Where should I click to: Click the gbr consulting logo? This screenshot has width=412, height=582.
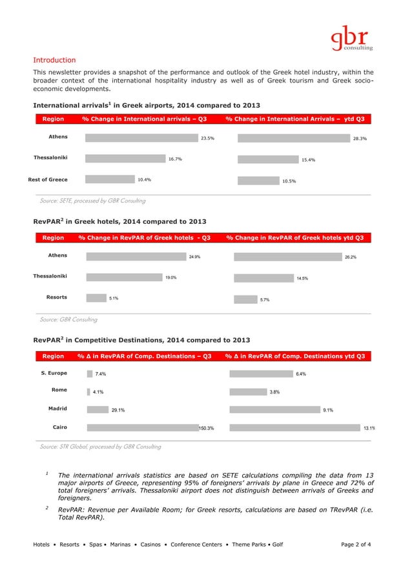coord(351,37)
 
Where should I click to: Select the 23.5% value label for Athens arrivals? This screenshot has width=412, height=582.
coord(207,138)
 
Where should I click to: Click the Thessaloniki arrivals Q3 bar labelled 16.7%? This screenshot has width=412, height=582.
coord(125,159)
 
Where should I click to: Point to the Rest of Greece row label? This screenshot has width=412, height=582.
coord(47,179)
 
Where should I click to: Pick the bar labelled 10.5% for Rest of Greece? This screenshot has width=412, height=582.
coord(258,181)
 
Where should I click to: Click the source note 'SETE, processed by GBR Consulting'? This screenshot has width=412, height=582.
coord(92,201)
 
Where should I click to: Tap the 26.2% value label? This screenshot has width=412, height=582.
coord(351,257)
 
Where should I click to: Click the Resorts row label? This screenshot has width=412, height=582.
coord(56,297)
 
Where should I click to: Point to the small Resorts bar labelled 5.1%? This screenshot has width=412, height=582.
coord(96,298)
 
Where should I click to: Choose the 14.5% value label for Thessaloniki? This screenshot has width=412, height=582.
coord(302,279)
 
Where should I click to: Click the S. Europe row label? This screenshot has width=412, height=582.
coord(54,373)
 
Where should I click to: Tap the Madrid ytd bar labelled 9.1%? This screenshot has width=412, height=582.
coord(274,409)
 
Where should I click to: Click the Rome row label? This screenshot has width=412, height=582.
coord(59,390)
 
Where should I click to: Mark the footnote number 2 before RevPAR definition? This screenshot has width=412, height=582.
coord(47,508)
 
